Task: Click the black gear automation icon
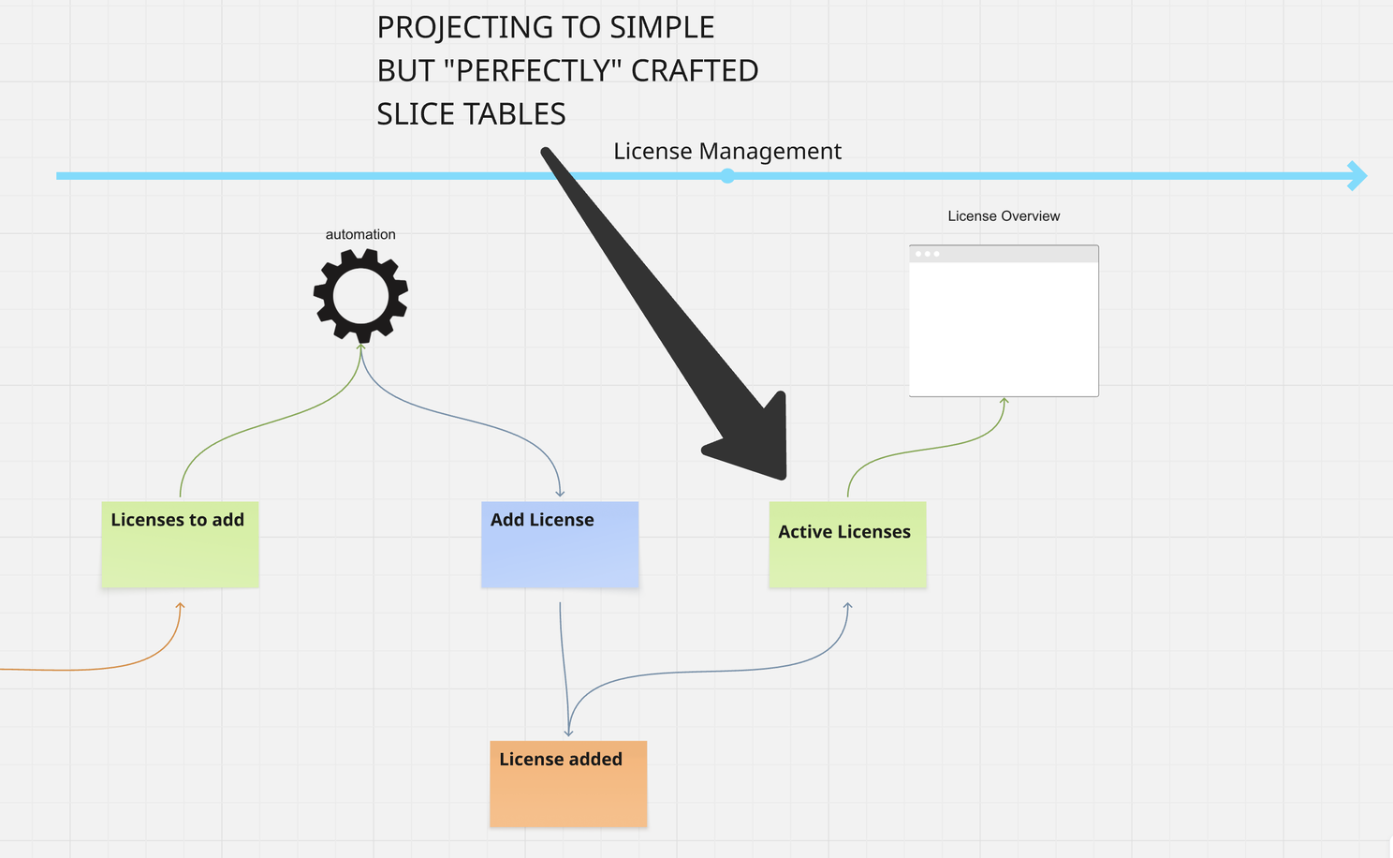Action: [x=360, y=296]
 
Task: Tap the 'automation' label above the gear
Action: [x=360, y=234]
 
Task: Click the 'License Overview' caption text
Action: [x=1004, y=215]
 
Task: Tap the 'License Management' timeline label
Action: [x=727, y=151]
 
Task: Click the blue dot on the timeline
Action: [x=727, y=175]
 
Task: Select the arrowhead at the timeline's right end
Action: [x=1356, y=175]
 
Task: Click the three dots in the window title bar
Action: [x=927, y=254]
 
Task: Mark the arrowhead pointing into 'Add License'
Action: [x=560, y=493]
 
